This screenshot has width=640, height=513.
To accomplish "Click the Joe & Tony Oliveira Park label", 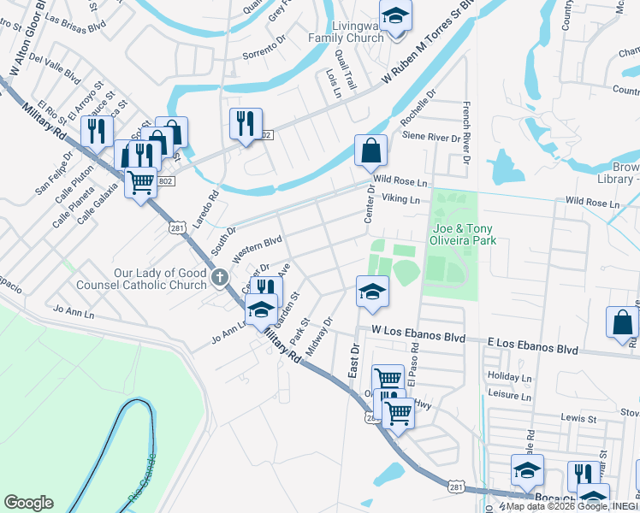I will (x=465, y=235).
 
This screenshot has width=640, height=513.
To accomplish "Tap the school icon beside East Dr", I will (x=372, y=292).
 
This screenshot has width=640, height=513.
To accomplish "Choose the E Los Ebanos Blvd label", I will (x=532, y=350).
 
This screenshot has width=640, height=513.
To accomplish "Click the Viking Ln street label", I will (x=400, y=199).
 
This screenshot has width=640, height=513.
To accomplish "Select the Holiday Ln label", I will (x=509, y=376).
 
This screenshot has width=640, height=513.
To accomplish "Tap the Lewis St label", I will (x=578, y=419).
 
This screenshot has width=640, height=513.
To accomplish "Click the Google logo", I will (x=28, y=503).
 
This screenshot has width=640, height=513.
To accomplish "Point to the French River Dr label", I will (x=467, y=127).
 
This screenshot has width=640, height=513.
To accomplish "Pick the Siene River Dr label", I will (x=431, y=137).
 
